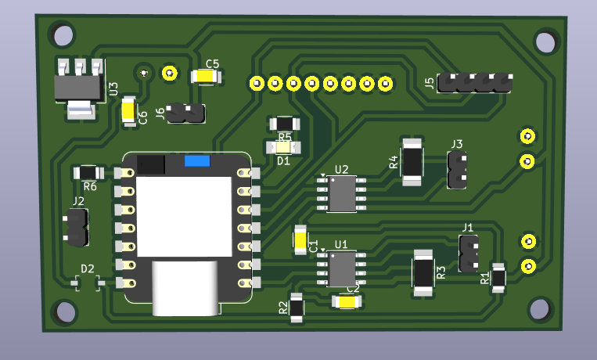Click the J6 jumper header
(187, 114)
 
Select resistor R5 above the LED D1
(283, 124)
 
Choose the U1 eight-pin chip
(342, 268)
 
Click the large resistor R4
(412, 162)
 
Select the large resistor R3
(423, 272)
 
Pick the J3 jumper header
(457, 170)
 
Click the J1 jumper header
(469, 253)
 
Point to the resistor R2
(297, 308)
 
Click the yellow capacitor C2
(345, 301)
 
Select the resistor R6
(88, 173)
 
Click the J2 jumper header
(77, 228)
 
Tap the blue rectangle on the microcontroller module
(197, 162)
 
